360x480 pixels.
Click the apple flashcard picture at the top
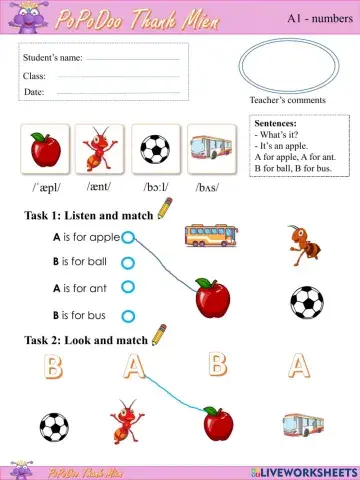click(x=45, y=150)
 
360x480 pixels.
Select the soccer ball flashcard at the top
click(x=155, y=150)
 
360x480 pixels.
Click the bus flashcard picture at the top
click(x=209, y=150)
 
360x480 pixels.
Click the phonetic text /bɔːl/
click(x=155, y=187)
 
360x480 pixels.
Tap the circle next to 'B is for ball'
click(x=127, y=262)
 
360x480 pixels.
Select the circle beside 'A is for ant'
click(x=127, y=288)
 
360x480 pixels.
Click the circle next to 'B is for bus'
click(x=127, y=315)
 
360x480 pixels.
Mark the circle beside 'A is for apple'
click(x=127, y=237)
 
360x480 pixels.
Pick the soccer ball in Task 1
click(x=306, y=301)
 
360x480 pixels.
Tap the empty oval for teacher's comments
click(x=288, y=66)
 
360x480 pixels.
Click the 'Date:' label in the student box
click(x=34, y=92)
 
